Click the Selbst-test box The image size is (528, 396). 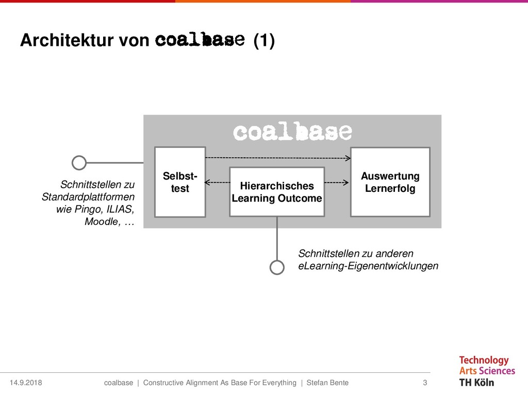pos(180,182)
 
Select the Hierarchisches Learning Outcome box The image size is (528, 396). pos(277,192)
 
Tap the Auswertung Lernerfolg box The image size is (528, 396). pos(390,182)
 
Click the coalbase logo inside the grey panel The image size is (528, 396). pos(292,132)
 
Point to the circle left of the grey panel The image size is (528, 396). pos(79,163)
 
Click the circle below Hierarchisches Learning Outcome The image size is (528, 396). pos(277,267)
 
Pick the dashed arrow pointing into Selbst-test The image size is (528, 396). pos(217,182)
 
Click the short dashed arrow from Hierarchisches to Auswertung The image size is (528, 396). pos(337,182)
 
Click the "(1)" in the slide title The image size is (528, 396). pos(263,41)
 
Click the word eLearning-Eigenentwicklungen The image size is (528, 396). pos(368,266)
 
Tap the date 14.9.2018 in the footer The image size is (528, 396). pos(26,383)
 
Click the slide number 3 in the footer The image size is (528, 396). pos(425,383)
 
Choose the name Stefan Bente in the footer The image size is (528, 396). pos(327,383)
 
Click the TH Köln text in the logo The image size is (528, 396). pos(476,382)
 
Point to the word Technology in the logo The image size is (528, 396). pos(484,360)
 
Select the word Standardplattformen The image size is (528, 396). pos(88,197)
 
